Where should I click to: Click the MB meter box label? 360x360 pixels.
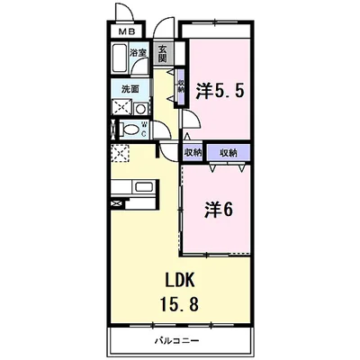tap(126, 31)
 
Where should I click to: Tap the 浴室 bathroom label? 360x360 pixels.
tap(138, 53)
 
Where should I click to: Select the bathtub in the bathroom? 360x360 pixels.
tap(119, 58)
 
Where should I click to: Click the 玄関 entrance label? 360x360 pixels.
tap(162, 53)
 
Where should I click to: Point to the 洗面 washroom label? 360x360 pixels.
tap(130, 89)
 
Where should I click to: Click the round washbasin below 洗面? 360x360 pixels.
tap(140, 108)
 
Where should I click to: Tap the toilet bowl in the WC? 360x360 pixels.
tap(130, 130)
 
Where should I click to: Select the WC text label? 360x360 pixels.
tap(144, 129)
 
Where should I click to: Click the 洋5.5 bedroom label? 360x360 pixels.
tap(220, 90)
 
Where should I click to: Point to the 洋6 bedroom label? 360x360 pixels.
tap(219, 209)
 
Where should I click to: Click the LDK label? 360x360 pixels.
tap(179, 281)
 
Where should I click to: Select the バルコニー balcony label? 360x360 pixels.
tap(176, 341)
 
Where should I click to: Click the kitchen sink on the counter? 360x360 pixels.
tap(144, 187)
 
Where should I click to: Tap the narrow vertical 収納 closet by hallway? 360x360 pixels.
tap(181, 87)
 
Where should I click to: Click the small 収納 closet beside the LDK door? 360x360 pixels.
tap(193, 153)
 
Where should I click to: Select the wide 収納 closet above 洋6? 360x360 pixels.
tap(229, 153)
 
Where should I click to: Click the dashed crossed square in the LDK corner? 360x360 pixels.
tap(120, 153)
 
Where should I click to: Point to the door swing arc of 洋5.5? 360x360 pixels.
tap(193, 117)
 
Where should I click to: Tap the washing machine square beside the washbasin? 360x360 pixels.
tap(121, 106)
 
